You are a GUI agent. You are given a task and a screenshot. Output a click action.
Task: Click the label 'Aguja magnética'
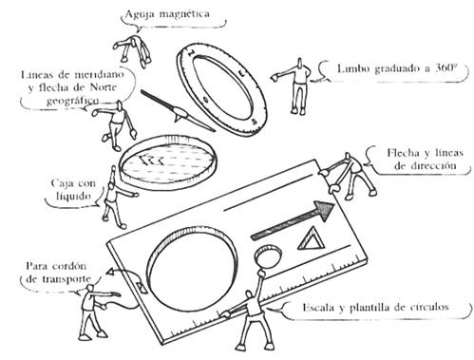point(167,14)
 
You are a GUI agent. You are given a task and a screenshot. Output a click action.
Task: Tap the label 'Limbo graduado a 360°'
point(396,68)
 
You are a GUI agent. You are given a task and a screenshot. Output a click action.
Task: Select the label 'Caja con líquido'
point(73,190)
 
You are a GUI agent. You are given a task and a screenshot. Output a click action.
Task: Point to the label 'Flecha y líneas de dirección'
point(425,160)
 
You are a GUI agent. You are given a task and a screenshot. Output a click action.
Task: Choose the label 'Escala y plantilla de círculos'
point(375,307)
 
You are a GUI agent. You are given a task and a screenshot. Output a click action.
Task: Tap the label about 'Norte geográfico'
point(72,87)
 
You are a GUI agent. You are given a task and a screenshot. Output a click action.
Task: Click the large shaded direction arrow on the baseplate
point(293,220)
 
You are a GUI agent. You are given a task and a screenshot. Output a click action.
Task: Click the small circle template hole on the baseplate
point(268,256)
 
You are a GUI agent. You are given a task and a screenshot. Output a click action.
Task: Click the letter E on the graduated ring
point(242,73)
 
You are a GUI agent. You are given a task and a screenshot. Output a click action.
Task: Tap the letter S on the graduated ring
point(254,122)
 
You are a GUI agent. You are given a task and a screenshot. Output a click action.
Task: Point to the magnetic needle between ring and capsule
point(179,111)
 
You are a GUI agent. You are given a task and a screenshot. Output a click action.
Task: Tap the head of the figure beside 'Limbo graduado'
point(299,64)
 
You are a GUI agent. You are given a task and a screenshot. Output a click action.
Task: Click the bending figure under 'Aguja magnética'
point(132,50)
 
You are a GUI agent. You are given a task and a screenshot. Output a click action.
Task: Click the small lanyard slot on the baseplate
point(141,287)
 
